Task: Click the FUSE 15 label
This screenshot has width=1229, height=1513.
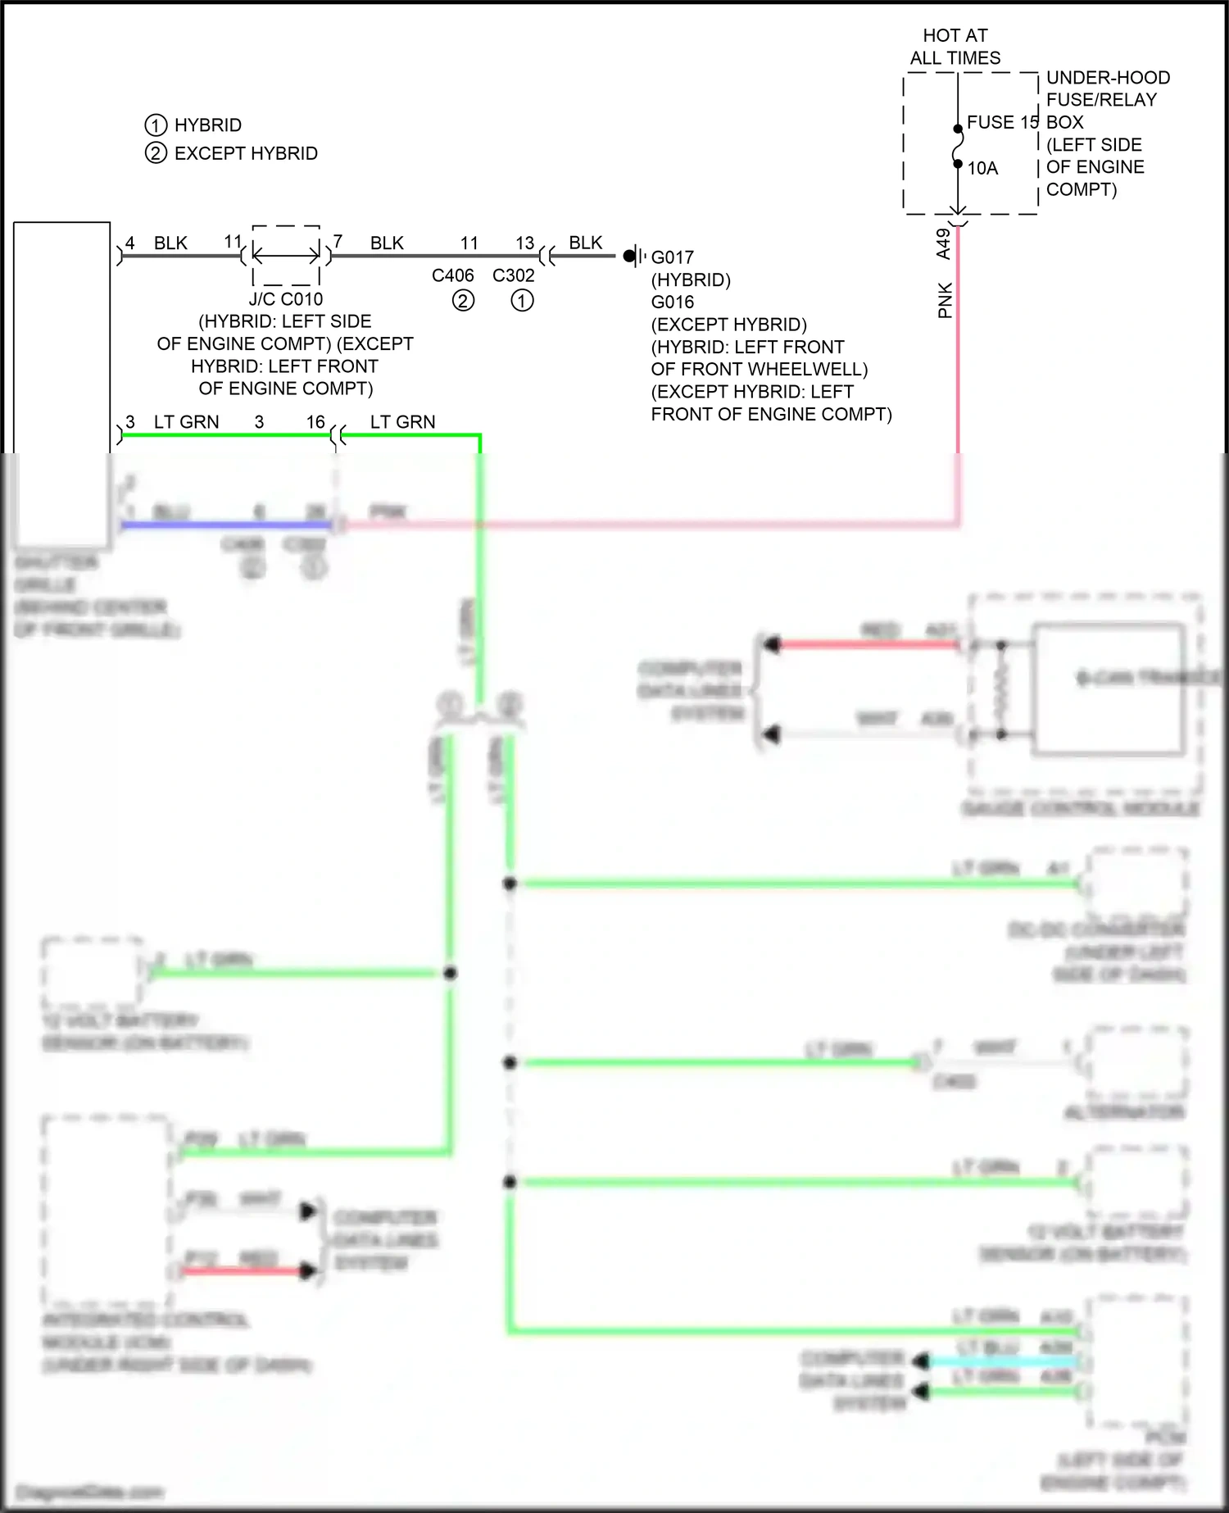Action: [1002, 122]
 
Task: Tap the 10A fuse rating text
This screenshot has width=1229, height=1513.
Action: [982, 169]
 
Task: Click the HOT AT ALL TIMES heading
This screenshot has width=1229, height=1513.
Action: [955, 47]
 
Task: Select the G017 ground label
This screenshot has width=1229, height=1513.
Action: [672, 257]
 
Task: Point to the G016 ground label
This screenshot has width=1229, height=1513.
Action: [672, 302]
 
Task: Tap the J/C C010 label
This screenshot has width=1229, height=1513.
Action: [285, 299]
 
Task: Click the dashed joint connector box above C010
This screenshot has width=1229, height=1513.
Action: [286, 256]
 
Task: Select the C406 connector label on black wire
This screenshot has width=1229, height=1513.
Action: [453, 276]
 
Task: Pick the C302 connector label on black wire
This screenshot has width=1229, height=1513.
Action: [514, 276]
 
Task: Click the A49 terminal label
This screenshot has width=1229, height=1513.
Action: [943, 243]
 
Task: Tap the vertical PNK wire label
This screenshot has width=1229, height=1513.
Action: [945, 300]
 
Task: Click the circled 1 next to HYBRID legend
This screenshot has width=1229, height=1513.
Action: [156, 125]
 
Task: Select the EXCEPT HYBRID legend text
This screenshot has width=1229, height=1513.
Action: [246, 153]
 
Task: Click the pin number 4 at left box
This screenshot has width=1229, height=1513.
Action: [130, 243]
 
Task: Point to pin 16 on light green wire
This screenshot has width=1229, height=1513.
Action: [315, 422]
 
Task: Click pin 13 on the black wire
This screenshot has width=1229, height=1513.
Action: [524, 243]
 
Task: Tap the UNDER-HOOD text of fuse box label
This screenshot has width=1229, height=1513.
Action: [1108, 78]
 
